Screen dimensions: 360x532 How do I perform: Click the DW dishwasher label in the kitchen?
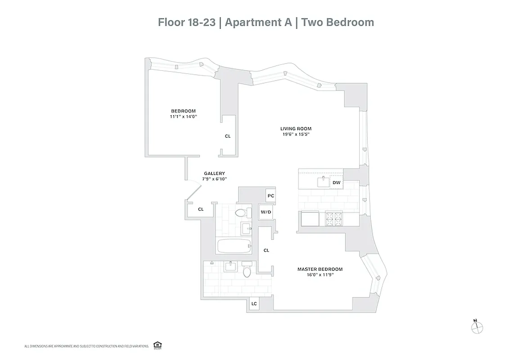[x=337, y=183]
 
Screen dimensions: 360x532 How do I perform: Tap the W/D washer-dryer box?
[x=266, y=212]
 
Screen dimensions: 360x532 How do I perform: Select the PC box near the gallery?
[x=271, y=196]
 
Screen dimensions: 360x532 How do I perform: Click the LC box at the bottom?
[x=254, y=304]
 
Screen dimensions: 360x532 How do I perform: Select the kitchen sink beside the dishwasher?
[x=323, y=182]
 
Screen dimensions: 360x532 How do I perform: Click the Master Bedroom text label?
[x=320, y=269]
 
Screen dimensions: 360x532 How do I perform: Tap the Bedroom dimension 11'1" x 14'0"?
[x=183, y=117]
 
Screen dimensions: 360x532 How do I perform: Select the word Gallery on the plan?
[x=214, y=173]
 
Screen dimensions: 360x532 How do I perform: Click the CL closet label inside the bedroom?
[x=228, y=136]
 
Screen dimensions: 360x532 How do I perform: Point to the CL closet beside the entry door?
[x=201, y=209]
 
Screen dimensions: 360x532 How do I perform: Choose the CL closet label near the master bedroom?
[x=266, y=250]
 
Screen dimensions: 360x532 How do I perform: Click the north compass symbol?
[x=476, y=327]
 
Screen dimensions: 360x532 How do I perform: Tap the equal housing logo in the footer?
[x=158, y=345]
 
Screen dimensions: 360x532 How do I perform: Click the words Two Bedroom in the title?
[x=338, y=22]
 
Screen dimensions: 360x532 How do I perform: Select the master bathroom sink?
[x=230, y=266]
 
